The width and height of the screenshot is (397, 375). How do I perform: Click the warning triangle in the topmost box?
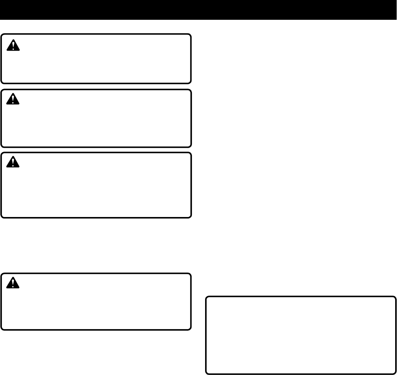[13, 45]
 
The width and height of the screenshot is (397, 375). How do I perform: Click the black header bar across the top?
[198, 10]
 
